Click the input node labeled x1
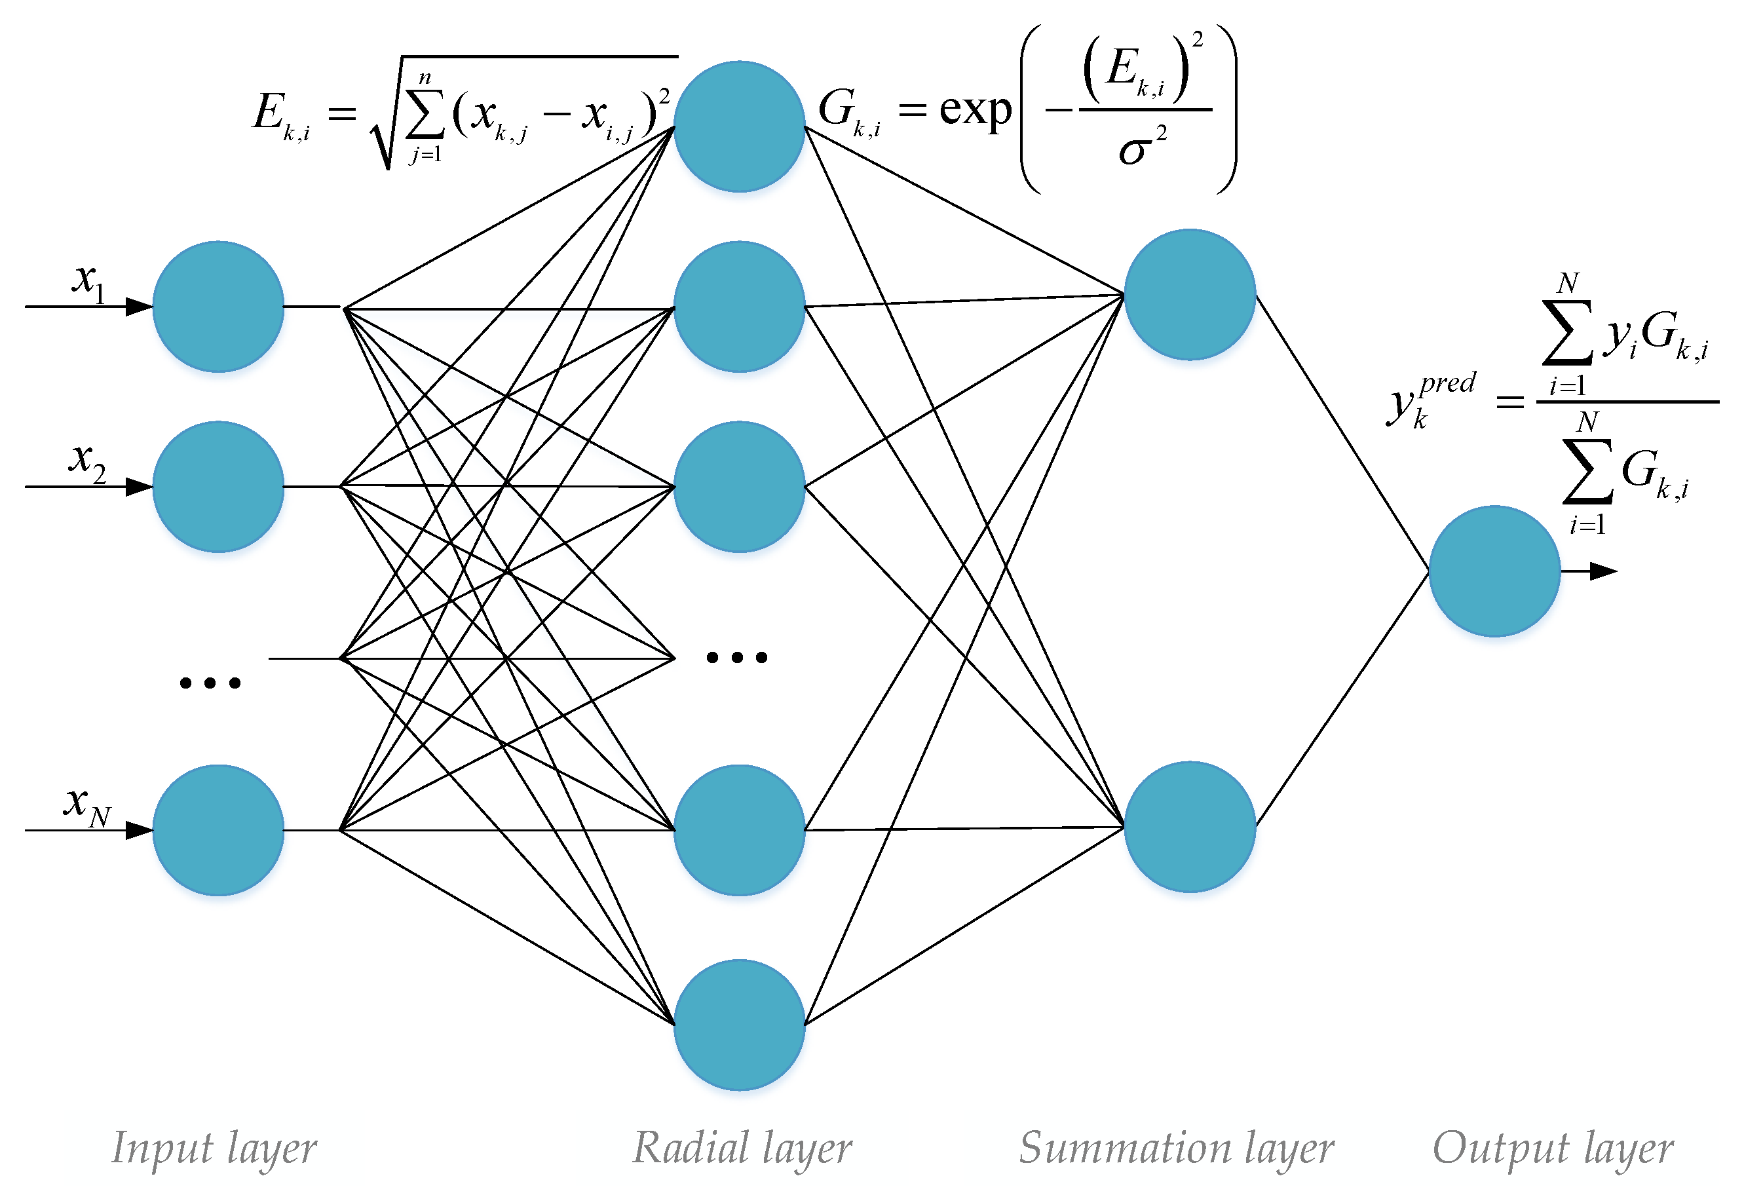tap(218, 306)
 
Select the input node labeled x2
tap(218, 486)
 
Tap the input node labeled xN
tap(218, 829)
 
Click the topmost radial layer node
tap(738, 126)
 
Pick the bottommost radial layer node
tap(738, 1024)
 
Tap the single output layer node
tap(1493, 571)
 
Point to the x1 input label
tap(88, 281)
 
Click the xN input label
tap(86, 805)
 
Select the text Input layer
tap(214, 1148)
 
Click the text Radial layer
tap(742, 1148)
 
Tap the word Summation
tap(1124, 1147)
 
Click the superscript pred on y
tap(1447, 383)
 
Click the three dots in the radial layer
tap(737, 657)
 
